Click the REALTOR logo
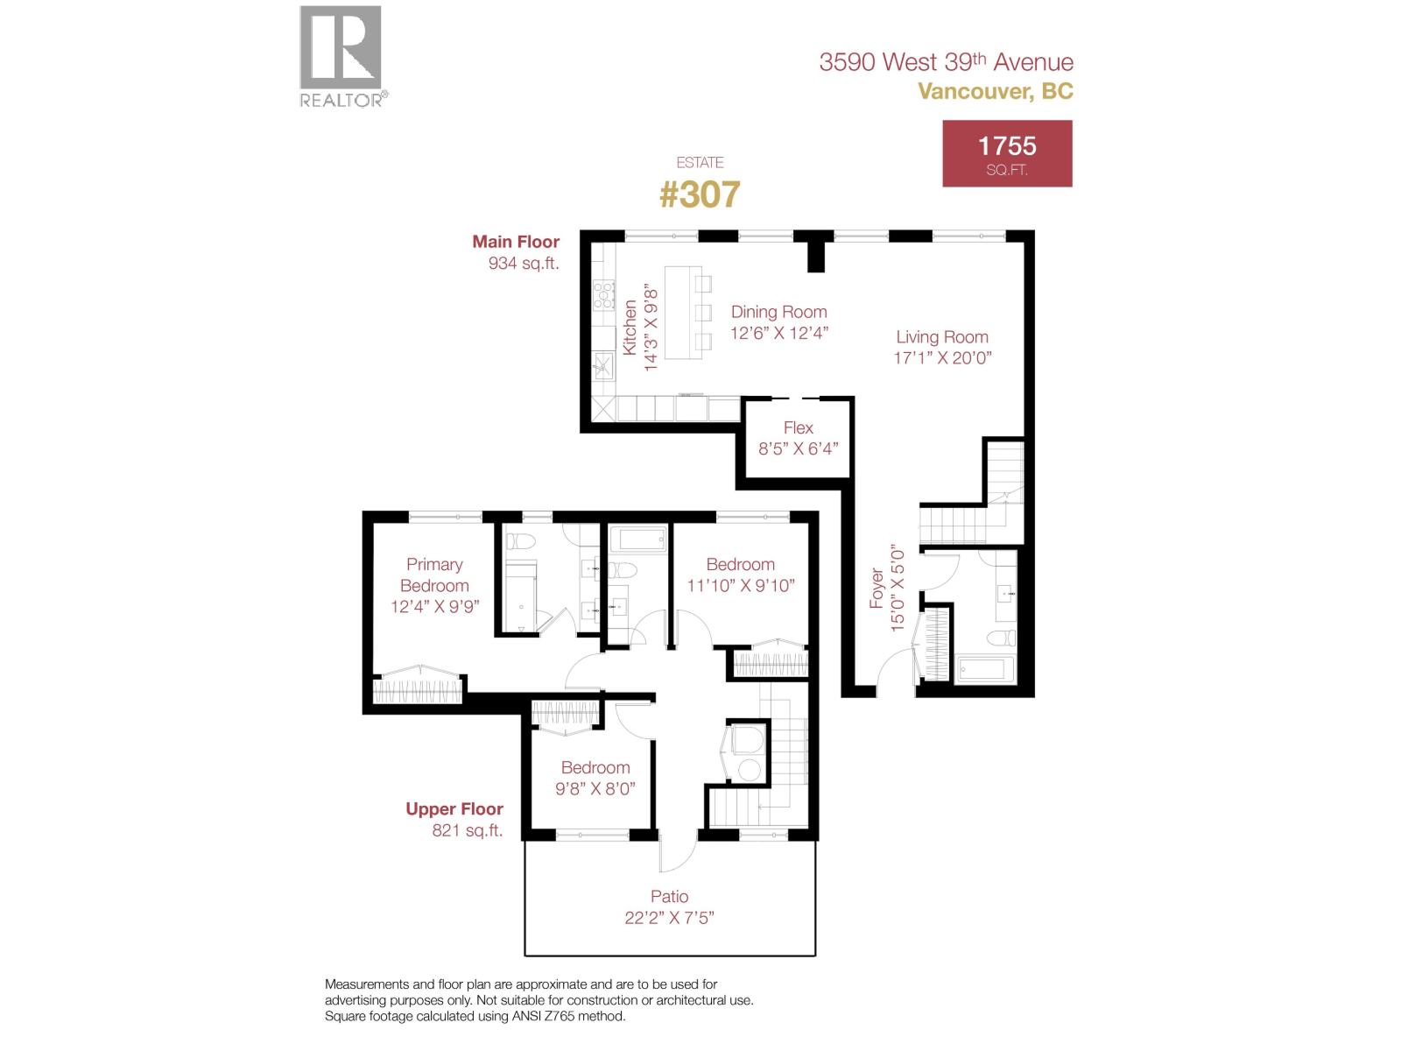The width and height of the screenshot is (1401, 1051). click(x=341, y=56)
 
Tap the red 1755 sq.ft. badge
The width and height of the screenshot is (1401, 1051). click(x=1007, y=153)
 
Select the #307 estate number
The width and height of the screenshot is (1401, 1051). click(x=699, y=194)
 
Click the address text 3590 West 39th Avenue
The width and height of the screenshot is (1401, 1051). click(x=946, y=62)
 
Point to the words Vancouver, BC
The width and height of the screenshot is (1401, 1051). click(x=995, y=91)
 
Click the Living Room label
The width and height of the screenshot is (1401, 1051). click(x=942, y=337)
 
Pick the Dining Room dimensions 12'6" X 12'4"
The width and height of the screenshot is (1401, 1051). click(x=779, y=333)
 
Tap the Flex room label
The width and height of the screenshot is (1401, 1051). click(x=798, y=427)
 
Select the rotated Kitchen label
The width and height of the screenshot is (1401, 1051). click(x=630, y=327)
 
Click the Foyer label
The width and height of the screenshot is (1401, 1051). click(x=877, y=588)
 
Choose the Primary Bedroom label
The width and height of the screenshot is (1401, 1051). click(x=434, y=575)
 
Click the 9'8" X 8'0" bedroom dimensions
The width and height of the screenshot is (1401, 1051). click(x=595, y=788)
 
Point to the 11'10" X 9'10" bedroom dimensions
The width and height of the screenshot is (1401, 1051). click(x=741, y=586)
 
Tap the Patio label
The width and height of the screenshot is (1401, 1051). click(x=669, y=896)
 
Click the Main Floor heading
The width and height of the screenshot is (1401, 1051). click(x=516, y=242)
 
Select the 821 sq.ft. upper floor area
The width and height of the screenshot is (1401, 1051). click(x=468, y=831)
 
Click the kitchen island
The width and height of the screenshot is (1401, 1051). click(x=679, y=313)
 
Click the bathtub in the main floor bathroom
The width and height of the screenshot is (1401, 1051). click(x=986, y=671)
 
